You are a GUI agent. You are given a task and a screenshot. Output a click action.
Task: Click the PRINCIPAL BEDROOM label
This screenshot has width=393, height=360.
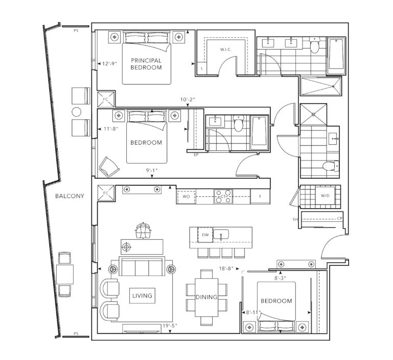tap(146, 64)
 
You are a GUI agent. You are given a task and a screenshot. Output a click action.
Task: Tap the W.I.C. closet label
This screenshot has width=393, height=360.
tap(226, 50)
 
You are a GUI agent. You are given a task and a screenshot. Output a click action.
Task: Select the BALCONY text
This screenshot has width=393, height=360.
tap(70, 196)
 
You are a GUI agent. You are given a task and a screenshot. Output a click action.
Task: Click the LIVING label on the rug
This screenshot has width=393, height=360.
tap(142, 296)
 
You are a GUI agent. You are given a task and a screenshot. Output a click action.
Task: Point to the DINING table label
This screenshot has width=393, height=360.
tap(206, 297)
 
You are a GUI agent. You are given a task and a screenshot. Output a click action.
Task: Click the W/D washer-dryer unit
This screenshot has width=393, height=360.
tap(325, 196)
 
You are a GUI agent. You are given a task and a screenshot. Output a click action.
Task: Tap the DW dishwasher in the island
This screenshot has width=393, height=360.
tap(205, 235)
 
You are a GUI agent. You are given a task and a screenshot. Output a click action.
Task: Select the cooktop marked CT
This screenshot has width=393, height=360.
tap(223, 196)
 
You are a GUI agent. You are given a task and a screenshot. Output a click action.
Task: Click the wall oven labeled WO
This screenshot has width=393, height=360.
tap(186, 196)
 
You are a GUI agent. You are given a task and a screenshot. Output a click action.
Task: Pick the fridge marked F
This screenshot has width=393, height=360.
tap(260, 196)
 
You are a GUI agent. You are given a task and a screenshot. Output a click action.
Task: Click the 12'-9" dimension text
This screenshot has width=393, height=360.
tap(110, 64)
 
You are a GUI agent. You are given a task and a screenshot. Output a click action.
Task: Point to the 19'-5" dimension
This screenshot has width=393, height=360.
tap(170, 326)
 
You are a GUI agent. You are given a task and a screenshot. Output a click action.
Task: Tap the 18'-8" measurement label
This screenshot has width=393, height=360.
tap(226, 268)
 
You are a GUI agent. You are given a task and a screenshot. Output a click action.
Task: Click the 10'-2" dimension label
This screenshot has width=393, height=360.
tap(188, 100)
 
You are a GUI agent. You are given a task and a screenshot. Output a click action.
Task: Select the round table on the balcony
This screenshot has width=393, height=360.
tap(77, 112)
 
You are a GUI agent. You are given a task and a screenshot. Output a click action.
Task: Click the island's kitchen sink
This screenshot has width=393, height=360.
tap(221, 235)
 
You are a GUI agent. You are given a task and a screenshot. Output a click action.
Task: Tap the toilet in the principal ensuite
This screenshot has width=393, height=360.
tap(314, 45)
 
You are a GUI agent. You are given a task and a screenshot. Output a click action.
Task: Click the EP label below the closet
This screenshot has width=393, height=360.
tap(196, 155)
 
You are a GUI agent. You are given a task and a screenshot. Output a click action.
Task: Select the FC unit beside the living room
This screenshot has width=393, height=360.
tap(106, 193)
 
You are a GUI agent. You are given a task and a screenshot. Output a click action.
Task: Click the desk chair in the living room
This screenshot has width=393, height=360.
tap(143, 230)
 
